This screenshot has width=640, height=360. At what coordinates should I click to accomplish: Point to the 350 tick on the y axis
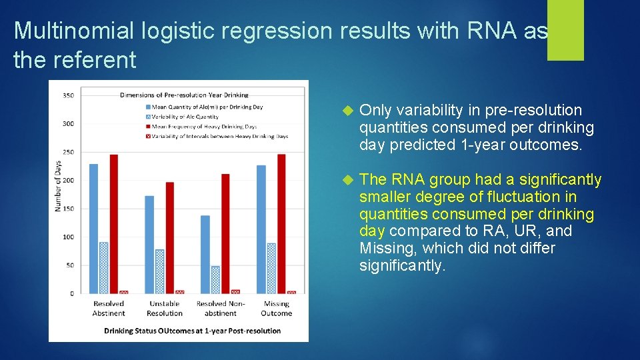pyautogui.click(x=68, y=95)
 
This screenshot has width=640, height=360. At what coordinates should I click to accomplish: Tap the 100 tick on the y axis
pyautogui.click(x=68, y=237)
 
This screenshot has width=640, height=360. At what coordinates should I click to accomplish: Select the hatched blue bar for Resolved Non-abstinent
pyautogui.click(x=215, y=280)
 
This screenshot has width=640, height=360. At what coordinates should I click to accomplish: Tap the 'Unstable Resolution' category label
pyautogui.click(x=165, y=309)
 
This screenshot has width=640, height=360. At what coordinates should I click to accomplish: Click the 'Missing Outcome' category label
pyautogui.click(x=276, y=309)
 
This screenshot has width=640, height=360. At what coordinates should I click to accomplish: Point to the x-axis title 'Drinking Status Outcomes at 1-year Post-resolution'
pyautogui.click(x=192, y=331)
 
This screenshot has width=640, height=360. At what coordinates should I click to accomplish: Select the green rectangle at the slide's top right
pyautogui.click(x=565, y=30)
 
